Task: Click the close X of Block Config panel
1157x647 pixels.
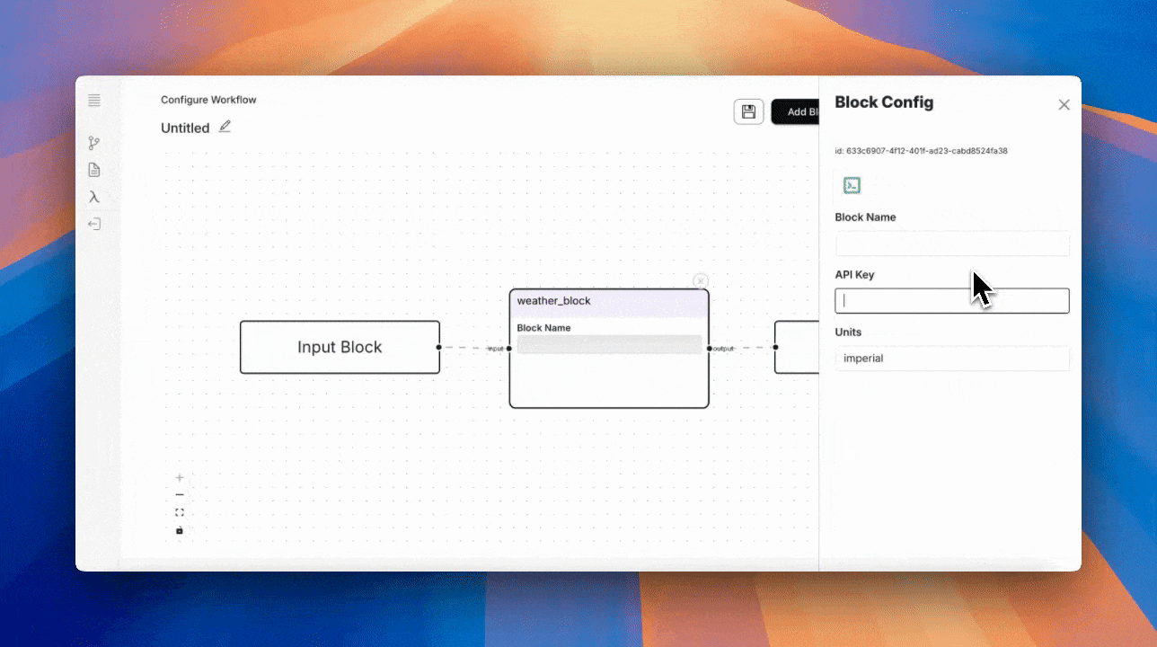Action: point(1064,105)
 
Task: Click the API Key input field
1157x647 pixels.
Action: point(951,301)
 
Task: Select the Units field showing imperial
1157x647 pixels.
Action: point(951,359)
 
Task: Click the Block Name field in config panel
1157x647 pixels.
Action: point(951,244)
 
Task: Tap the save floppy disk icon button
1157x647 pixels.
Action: point(748,111)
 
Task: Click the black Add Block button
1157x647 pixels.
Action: point(796,111)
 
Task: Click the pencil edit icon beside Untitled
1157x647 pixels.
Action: point(225,127)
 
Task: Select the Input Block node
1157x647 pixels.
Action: point(340,347)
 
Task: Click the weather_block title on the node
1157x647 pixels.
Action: point(554,301)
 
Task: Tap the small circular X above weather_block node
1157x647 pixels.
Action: point(701,281)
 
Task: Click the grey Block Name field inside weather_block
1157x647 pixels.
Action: point(609,345)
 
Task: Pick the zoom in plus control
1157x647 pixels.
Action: point(180,478)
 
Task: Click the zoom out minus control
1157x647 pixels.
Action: point(180,495)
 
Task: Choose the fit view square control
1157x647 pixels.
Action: point(180,512)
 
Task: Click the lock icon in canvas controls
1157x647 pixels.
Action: point(180,530)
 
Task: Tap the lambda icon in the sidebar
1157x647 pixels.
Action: point(94,197)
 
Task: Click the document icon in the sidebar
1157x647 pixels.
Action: point(94,170)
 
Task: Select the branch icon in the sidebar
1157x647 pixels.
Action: point(94,143)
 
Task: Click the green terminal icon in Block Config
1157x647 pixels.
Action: point(852,185)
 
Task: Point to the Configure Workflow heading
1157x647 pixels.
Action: point(208,100)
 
